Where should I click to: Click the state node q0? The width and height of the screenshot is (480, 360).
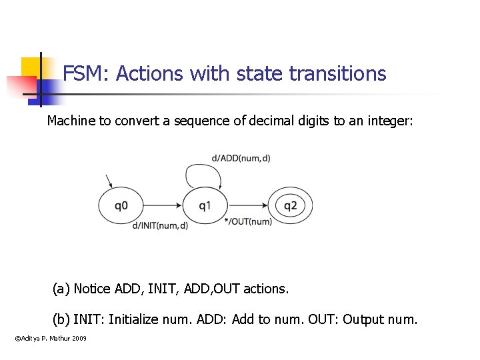(121, 205)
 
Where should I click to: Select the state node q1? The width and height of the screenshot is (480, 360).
(205, 205)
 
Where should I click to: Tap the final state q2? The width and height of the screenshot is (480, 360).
(290, 205)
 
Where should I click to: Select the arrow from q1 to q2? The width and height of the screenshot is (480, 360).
(247, 205)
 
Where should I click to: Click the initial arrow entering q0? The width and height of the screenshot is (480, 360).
(109, 181)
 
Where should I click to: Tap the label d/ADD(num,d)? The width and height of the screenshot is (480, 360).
(241, 158)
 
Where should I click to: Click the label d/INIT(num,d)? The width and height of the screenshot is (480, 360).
(160, 225)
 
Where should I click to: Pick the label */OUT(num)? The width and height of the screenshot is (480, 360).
(248, 221)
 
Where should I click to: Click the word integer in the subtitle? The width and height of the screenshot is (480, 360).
(390, 121)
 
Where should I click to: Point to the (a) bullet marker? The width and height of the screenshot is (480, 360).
(61, 289)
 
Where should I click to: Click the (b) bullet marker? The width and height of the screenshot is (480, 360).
(61, 319)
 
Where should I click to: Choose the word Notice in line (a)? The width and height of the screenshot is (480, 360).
(92, 289)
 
